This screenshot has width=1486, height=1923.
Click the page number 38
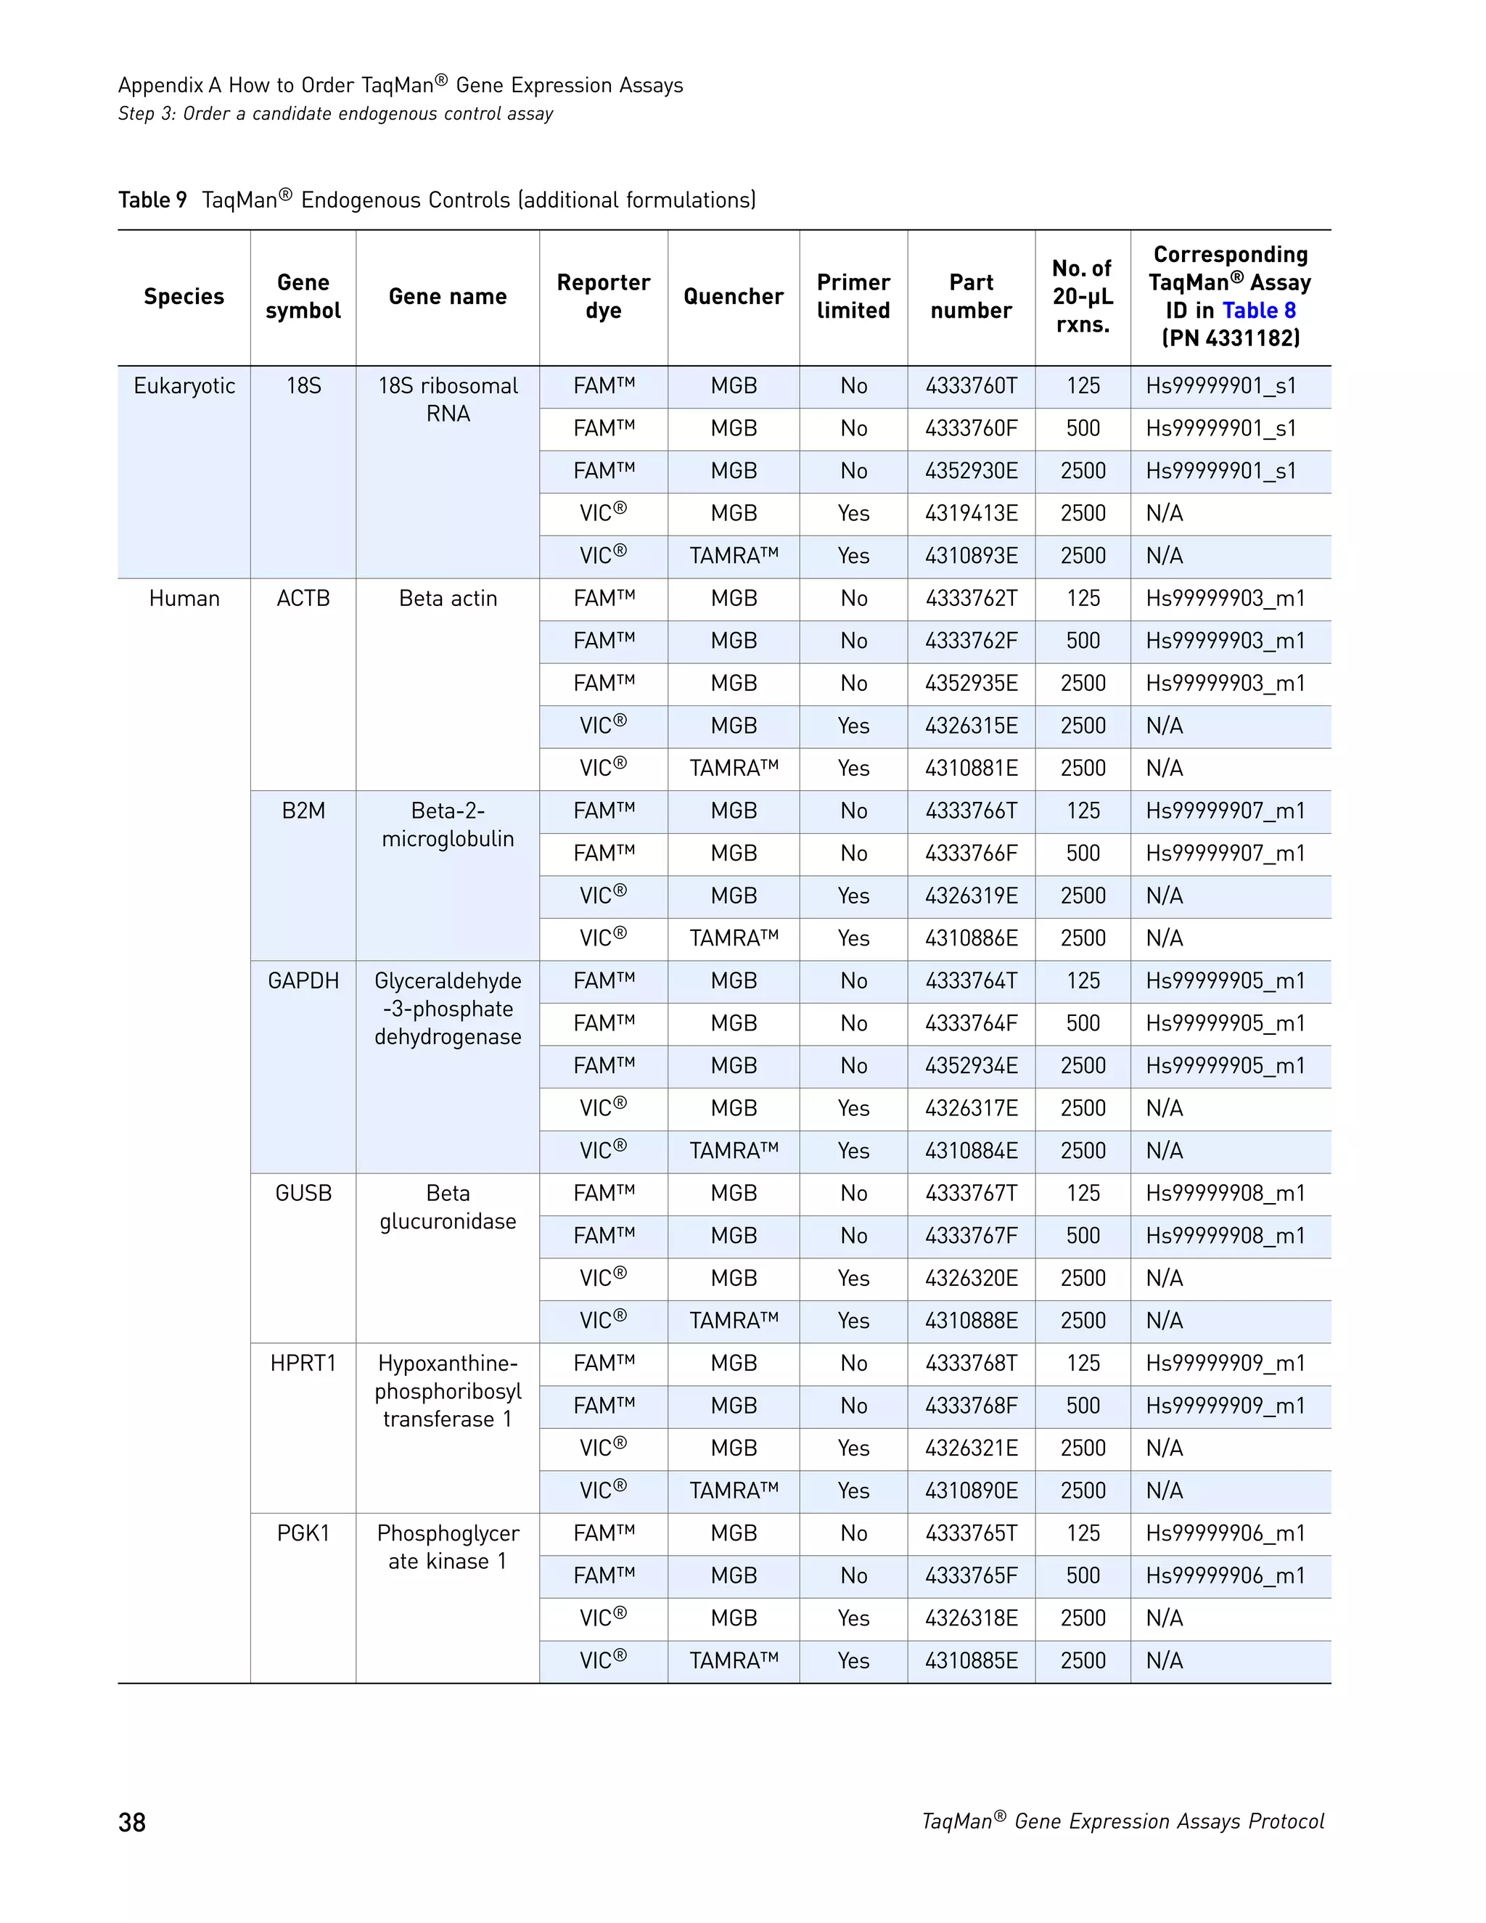(x=132, y=1821)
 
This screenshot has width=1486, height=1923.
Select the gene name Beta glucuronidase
(x=447, y=1207)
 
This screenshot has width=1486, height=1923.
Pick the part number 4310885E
(x=970, y=1660)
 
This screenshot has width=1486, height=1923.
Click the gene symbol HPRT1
(x=303, y=1363)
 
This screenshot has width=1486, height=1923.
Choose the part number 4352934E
(x=970, y=1066)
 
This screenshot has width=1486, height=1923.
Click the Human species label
(x=184, y=599)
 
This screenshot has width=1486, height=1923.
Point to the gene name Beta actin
(x=447, y=599)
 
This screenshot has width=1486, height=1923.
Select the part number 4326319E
(x=970, y=896)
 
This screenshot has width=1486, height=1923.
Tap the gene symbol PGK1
(x=303, y=1533)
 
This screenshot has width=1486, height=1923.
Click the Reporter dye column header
(x=603, y=297)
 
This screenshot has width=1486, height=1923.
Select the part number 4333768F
(x=970, y=1406)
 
